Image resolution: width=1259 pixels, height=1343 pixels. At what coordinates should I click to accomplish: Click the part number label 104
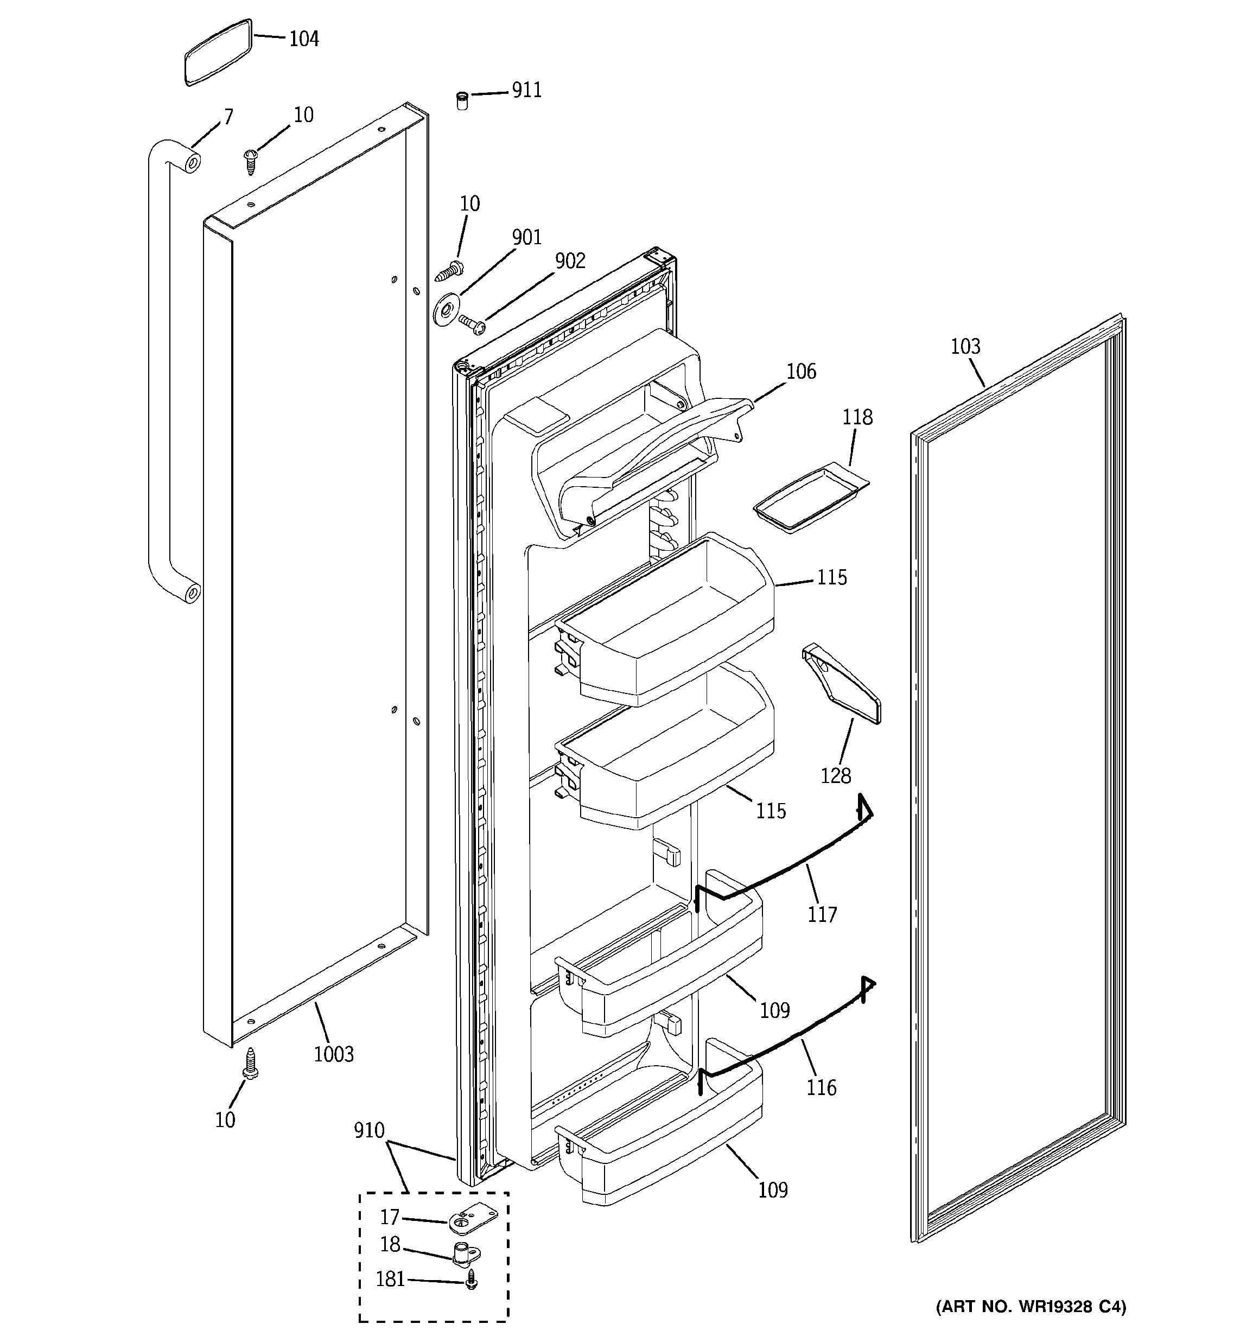(303, 39)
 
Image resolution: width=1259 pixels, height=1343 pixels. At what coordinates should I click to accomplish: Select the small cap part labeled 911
(462, 100)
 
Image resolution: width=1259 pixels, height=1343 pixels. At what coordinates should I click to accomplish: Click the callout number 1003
(334, 1054)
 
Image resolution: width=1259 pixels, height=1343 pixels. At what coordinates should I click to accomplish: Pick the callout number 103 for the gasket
(965, 347)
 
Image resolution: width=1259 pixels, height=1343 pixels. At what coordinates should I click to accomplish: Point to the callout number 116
(821, 1087)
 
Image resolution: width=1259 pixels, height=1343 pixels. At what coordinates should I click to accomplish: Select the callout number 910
(369, 1130)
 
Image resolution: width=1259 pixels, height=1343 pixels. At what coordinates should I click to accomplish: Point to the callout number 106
(801, 372)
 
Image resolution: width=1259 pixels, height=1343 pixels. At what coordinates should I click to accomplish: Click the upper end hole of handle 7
(193, 162)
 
